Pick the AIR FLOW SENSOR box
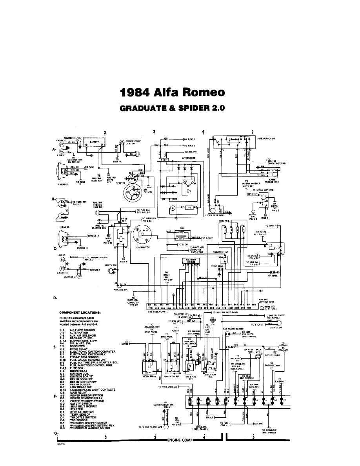click(191, 260)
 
